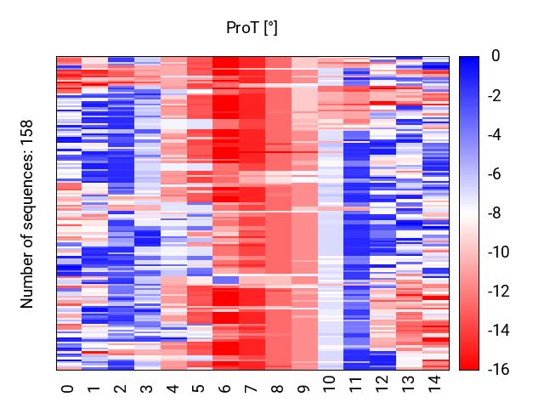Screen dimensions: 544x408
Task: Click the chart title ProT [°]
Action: [252, 28]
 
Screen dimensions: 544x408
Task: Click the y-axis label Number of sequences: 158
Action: [26, 214]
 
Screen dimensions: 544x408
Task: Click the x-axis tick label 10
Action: [330, 384]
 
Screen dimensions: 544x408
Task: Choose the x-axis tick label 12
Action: [382, 384]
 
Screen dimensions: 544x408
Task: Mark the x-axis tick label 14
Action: [434, 384]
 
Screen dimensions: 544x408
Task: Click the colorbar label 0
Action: [496, 56]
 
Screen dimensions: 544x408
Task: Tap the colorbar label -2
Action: [495, 95]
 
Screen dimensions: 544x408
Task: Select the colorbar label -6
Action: [495, 173]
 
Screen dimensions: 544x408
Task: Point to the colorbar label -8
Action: [495, 213]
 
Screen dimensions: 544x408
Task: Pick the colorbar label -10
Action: [499, 252]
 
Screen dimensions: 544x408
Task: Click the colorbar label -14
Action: [499, 331]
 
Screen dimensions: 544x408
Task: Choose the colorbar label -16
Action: [499, 370]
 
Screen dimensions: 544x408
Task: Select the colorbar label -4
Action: [495, 134]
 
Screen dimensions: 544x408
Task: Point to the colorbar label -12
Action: [499, 292]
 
